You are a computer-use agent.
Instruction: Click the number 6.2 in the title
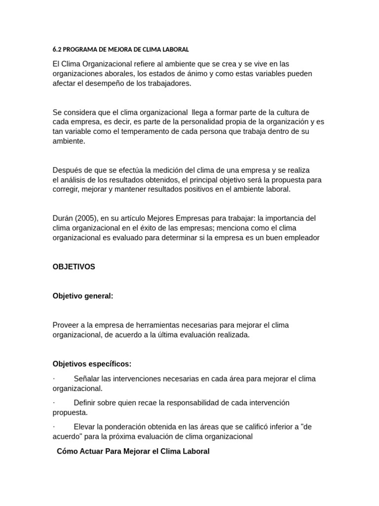pos(57,49)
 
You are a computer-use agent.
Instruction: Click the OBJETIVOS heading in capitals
pos(74,267)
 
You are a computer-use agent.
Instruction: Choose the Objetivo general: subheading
pos(83,296)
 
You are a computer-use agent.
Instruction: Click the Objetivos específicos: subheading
pos(92,364)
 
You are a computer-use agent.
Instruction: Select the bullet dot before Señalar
pos(54,379)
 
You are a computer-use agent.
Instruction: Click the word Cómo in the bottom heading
pos(67,451)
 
